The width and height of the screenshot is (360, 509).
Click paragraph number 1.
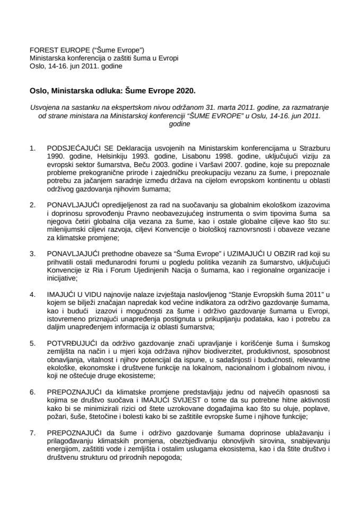[x=33, y=144]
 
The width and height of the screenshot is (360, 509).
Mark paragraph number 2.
[x=33, y=188]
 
